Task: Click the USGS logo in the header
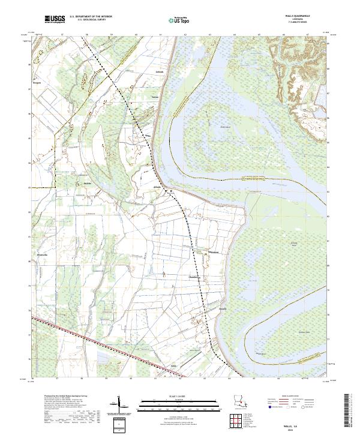(x=55, y=19)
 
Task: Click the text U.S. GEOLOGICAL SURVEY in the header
(x=90, y=21)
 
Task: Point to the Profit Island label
(x=226, y=127)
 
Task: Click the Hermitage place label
(x=215, y=253)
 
